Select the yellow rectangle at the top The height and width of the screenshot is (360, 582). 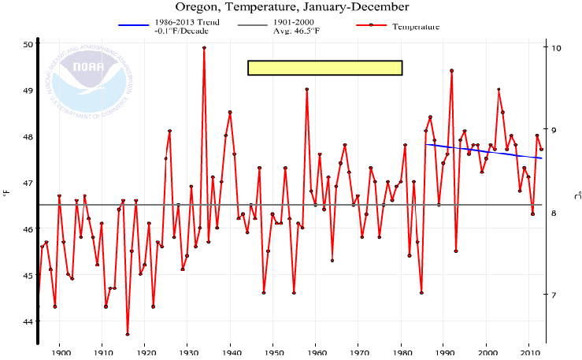click(324, 68)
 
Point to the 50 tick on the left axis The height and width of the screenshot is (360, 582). click(27, 44)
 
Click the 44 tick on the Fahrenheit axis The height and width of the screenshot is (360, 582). click(27, 321)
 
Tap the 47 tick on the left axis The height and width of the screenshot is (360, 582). click(27, 183)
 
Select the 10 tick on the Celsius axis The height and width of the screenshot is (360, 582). click(554, 48)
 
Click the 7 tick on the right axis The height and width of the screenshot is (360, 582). click(554, 295)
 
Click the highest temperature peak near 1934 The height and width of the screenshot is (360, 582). click(204, 48)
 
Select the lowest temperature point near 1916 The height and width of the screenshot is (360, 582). click(128, 334)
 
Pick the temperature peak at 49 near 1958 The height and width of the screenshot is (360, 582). click(306, 90)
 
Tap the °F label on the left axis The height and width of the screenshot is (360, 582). click(6, 188)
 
